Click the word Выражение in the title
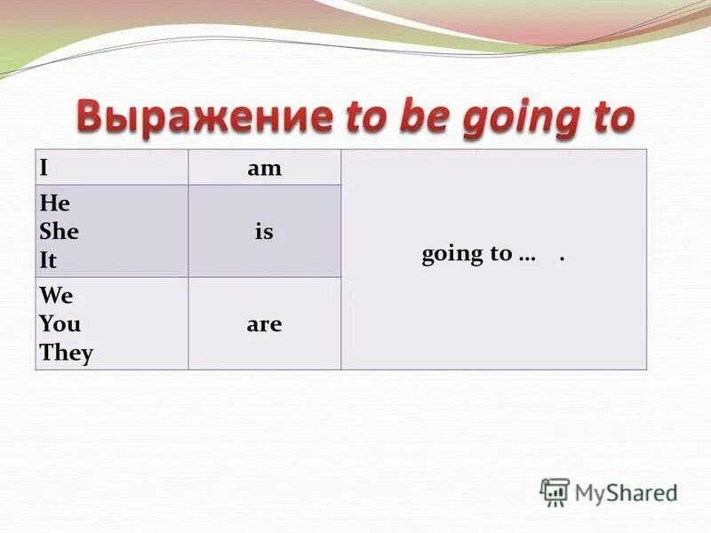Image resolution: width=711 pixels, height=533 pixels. click(x=204, y=117)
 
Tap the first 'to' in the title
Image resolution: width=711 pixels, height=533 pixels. click(x=366, y=116)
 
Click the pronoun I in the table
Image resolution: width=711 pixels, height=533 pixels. click(x=44, y=167)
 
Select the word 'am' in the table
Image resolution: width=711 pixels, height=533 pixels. click(x=264, y=168)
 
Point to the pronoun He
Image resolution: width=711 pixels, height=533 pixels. click(x=53, y=203)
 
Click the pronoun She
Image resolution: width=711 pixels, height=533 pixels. click(x=59, y=232)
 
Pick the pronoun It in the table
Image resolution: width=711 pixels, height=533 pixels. click(x=47, y=261)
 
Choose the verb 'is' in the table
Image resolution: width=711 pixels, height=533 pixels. click(x=264, y=232)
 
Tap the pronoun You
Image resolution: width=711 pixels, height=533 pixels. click(x=60, y=324)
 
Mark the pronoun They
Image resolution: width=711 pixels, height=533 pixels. click(x=66, y=354)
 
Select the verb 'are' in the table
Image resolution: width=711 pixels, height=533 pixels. click(x=264, y=324)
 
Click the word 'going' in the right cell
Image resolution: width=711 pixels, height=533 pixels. click(x=453, y=255)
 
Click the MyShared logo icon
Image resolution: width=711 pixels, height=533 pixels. click(x=555, y=491)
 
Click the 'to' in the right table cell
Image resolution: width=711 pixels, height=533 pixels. click(x=500, y=254)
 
